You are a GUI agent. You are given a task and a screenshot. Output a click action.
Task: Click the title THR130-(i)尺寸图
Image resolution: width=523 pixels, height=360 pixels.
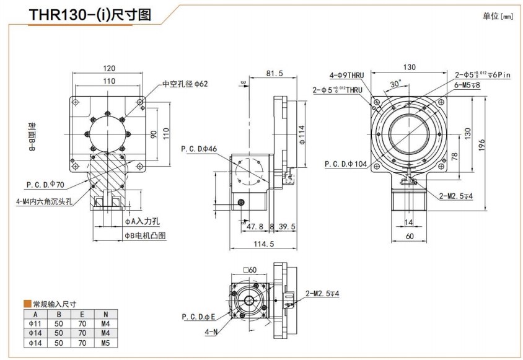click(x=90, y=14)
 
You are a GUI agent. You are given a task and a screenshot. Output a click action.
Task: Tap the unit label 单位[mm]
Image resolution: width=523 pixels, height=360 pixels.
click(x=498, y=16)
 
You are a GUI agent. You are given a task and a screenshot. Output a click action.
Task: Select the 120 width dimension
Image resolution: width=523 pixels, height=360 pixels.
click(x=109, y=69)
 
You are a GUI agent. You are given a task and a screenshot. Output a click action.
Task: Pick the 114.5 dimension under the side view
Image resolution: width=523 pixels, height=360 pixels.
click(x=264, y=244)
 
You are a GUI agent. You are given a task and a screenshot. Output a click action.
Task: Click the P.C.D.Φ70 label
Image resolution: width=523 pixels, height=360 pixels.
click(x=45, y=184)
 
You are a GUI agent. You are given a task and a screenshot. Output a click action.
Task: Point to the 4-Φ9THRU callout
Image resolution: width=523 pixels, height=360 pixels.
click(x=347, y=75)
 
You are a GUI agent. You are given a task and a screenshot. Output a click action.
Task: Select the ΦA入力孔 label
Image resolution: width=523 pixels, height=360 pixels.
click(x=143, y=221)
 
